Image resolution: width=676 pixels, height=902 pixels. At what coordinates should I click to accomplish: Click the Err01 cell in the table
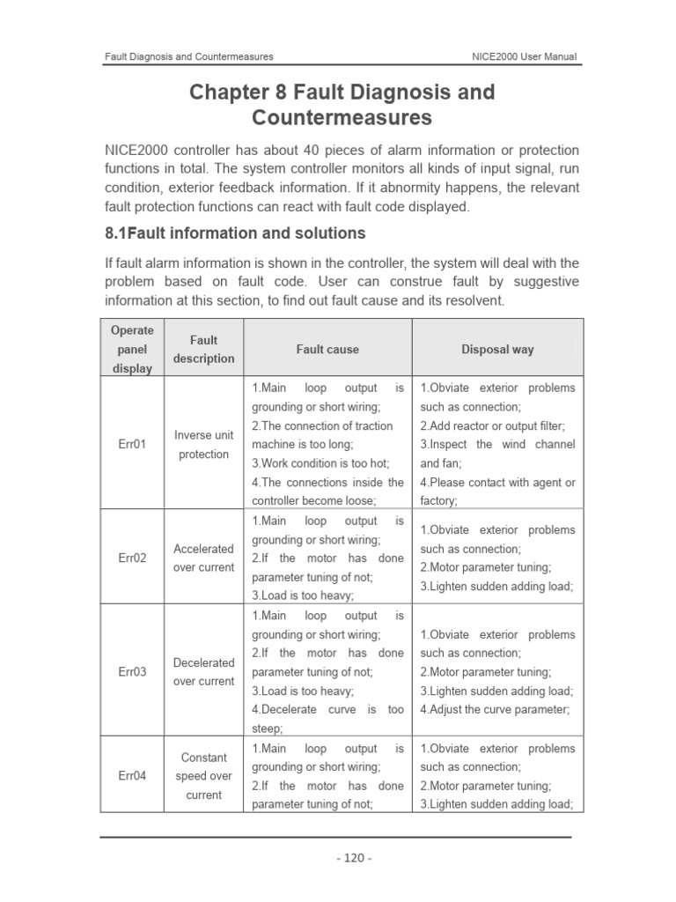[131, 445]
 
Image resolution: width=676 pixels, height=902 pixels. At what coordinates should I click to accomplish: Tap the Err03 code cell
[131, 672]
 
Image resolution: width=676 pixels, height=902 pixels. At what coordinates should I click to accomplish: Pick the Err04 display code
[131, 776]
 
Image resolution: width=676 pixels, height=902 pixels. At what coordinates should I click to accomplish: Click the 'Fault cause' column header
[327, 350]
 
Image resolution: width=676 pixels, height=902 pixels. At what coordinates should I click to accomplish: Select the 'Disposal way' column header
[497, 350]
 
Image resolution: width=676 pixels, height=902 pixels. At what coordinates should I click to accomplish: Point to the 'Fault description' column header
[203, 350]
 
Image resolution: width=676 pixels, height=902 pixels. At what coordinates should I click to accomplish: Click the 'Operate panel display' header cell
[131, 350]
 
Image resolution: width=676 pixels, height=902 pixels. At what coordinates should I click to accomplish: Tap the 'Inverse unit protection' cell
[203, 445]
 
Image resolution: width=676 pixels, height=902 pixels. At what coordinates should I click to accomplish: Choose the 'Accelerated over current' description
[203, 558]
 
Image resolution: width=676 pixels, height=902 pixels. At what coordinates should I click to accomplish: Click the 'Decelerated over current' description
[203, 672]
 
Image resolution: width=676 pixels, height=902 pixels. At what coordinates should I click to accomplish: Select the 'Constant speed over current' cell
[203, 776]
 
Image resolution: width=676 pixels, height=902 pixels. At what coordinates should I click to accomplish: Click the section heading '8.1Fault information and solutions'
[235, 233]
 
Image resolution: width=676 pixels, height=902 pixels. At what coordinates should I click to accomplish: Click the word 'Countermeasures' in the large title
[342, 117]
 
